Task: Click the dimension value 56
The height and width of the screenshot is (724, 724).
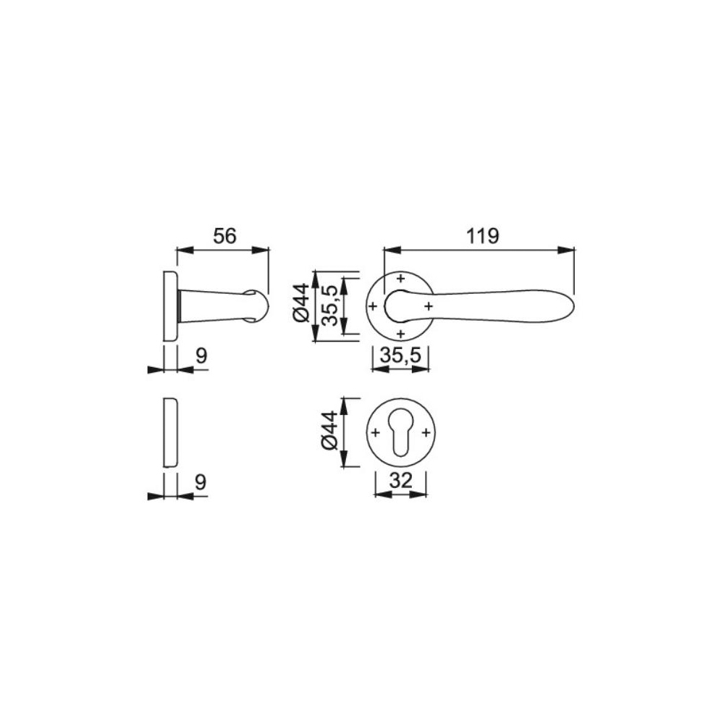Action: pyautogui.click(x=224, y=236)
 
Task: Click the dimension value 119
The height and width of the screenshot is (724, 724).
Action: pyautogui.click(x=482, y=236)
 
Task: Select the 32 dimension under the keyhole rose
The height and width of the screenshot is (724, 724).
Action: pyautogui.click(x=400, y=481)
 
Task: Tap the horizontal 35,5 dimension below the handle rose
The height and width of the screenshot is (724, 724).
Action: pyautogui.click(x=400, y=355)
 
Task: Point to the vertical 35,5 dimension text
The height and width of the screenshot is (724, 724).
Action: pyautogui.click(x=330, y=306)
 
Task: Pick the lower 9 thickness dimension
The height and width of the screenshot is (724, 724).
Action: pyautogui.click(x=201, y=482)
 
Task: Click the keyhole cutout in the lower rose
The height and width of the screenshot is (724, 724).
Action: pyautogui.click(x=401, y=433)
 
